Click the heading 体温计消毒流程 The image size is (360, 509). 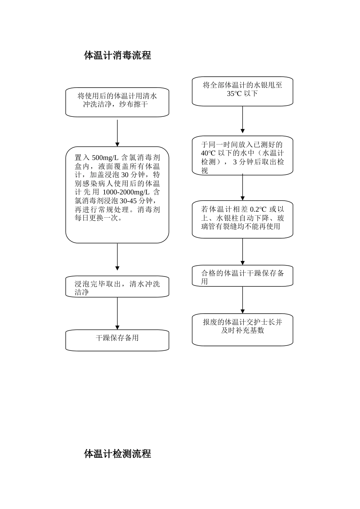click(117, 55)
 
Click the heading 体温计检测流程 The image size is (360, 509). click(117, 454)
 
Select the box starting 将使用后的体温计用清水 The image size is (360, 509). click(117, 102)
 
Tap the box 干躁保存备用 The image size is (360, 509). click(117, 340)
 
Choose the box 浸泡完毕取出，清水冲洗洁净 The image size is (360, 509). click(117, 287)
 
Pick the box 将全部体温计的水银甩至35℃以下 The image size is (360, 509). click(243, 91)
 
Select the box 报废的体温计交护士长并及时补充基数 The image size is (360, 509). click(243, 329)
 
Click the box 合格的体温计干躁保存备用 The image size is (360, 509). click(243, 276)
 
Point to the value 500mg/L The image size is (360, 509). click(105, 158)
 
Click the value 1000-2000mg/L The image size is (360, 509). click(126, 192)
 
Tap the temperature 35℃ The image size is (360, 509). click(234, 94)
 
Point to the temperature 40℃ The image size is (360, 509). click(208, 153)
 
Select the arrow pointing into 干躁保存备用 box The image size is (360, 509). click(117, 313)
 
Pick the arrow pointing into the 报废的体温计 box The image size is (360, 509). click(243, 300)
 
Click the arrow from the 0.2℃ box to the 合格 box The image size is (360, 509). click(243, 251)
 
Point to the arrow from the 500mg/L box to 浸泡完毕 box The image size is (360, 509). click(117, 257)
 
